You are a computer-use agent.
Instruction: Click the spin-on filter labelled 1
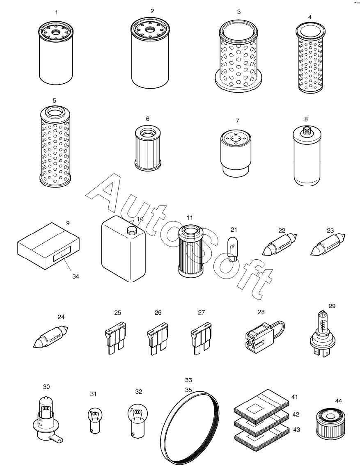[x=56, y=53]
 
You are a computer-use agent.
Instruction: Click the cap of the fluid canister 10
[x=132, y=231]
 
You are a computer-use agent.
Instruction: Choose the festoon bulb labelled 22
[x=280, y=244]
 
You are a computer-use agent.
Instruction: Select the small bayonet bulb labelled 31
[x=94, y=420]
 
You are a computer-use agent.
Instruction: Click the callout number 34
[x=76, y=276]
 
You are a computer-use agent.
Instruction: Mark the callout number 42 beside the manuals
[x=296, y=414]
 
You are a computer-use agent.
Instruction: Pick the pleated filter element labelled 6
[x=147, y=148]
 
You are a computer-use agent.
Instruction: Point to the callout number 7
[x=238, y=121]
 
